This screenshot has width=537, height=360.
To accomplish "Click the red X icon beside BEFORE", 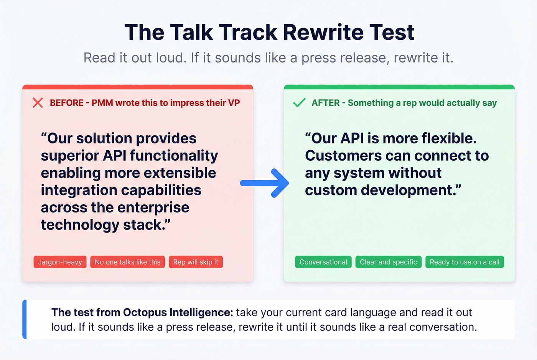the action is (38, 103).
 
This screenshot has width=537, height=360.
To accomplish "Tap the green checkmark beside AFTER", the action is (299, 103).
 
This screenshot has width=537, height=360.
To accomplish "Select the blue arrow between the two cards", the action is (264, 183).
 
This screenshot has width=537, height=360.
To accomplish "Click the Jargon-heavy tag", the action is (60, 262).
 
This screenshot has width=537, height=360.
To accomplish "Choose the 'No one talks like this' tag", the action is (127, 262).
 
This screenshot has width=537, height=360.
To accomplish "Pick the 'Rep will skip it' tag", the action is (196, 262).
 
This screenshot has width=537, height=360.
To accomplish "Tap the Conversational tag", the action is (323, 262).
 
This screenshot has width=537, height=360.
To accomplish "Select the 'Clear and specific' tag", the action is (388, 262).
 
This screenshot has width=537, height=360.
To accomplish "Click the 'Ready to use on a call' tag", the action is (465, 262).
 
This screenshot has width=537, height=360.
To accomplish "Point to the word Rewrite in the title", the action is (323, 32).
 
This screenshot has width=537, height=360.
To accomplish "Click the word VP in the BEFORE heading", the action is (234, 103).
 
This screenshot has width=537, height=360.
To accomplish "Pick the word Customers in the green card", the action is (343, 156).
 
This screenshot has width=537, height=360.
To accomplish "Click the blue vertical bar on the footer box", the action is (25, 319).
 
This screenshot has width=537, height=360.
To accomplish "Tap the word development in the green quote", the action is (411, 191).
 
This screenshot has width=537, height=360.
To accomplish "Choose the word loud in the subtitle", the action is (171, 58).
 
